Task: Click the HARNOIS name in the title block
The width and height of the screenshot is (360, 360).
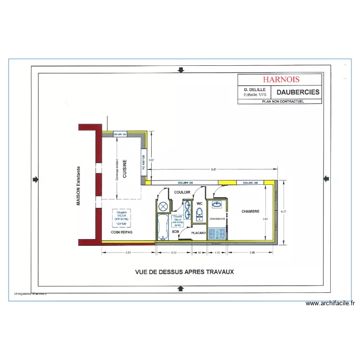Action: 280,80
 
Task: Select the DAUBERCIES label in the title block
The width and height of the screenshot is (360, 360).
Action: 298,92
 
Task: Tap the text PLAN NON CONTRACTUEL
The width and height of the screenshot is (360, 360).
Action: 281,102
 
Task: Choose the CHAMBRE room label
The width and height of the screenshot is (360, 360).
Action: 251,211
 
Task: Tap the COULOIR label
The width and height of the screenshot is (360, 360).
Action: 182,192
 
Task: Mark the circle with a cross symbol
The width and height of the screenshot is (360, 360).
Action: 163,206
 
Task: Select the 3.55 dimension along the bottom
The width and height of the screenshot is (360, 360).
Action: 128,252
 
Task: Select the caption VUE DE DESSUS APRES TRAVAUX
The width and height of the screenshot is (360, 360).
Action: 184,272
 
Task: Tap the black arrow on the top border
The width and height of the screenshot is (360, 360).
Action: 180,70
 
